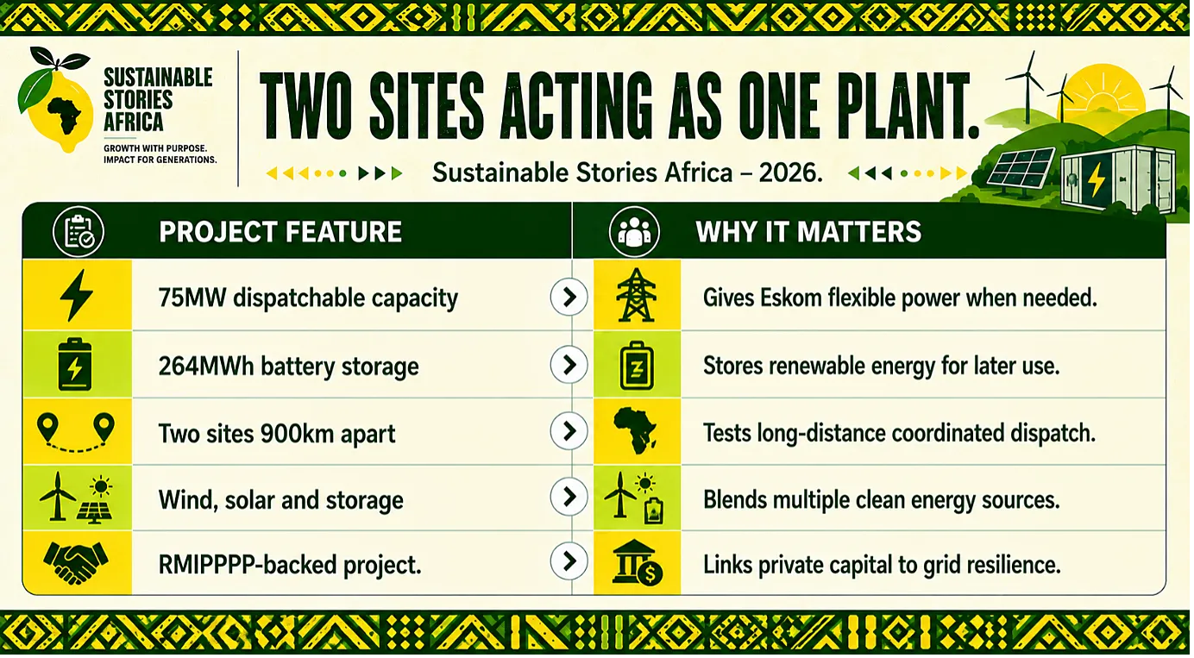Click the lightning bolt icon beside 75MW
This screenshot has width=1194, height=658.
pyautogui.click(x=77, y=295)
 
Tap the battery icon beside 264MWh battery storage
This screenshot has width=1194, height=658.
pyautogui.click(x=74, y=365)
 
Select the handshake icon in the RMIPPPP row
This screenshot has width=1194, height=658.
pyautogui.click(x=76, y=562)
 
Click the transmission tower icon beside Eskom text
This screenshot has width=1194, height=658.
pyautogui.click(x=636, y=295)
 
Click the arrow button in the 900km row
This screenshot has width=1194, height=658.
pyautogui.click(x=569, y=431)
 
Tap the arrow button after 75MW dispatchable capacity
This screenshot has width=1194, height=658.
pyautogui.click(x=569, y=298)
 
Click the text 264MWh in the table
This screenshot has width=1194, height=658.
pyautogui.click(x=205, y=367)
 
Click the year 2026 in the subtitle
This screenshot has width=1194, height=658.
pyautogui.click(x=790, y=172)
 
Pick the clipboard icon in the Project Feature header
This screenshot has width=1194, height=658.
pyautogui.click(x=79, y=232)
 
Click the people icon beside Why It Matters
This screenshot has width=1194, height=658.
pyautogui.click(x=634, y=232)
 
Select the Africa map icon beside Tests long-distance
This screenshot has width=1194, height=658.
pyautogui.click(x=635, y=430)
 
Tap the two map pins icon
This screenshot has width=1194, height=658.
pyautogui.click(x=76, y=432)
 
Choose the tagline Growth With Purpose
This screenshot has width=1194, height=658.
pyautogui.click(x=155, y=148)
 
